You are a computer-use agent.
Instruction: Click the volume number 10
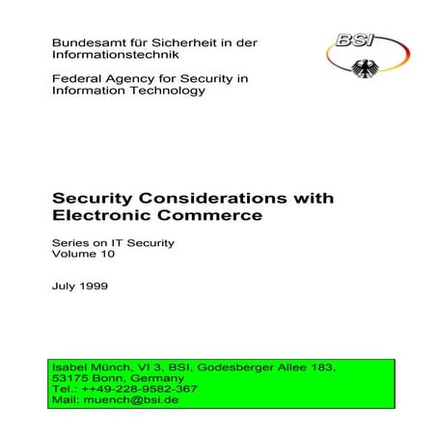113,257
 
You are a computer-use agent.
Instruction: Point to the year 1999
95,286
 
